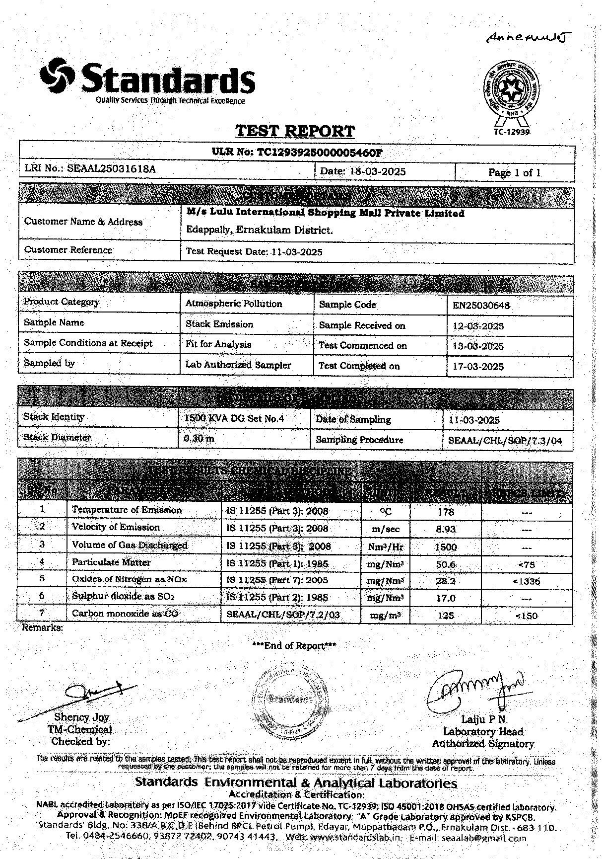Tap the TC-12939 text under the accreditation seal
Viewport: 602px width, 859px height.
(x=512, y=132)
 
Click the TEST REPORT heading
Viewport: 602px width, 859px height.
(x=295, y=131)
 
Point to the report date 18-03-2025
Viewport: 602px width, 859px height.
(x=377, y=172)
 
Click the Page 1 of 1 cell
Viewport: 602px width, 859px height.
(x=514, y=173)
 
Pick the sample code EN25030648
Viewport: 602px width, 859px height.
(x=481, y=306)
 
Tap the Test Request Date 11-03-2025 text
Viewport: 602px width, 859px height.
(x=254, y=252)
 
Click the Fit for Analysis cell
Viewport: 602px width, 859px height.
(x=218, y=344)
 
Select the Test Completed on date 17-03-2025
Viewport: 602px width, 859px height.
(x=478, y=367)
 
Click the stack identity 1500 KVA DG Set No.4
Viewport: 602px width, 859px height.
(x=234, y=419)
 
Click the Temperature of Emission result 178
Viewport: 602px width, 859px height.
(x=446, y=512)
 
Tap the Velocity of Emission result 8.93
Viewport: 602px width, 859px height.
(x=446, y=529)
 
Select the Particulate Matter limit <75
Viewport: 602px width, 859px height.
(x=526, y=564)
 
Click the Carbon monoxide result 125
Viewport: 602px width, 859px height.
(x=446, y=616)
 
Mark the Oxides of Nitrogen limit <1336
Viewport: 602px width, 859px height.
(x=527, y=581)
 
